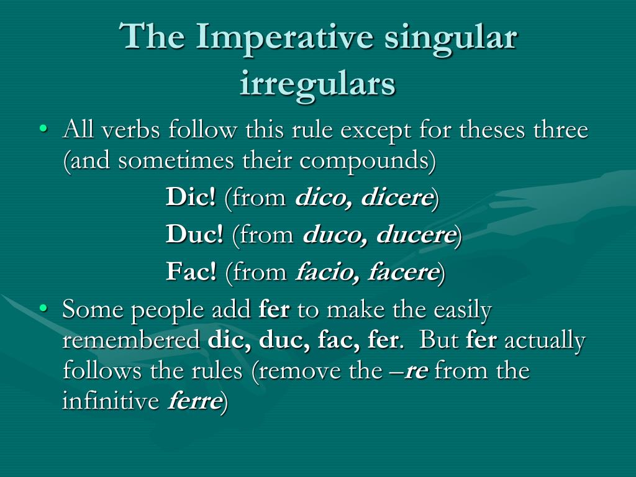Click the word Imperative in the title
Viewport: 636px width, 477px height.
283,37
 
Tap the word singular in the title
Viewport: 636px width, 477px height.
451,37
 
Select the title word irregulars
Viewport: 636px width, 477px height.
317,84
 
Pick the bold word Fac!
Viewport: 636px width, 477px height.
191,272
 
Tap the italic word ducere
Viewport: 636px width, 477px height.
417,235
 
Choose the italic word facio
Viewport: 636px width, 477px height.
324,272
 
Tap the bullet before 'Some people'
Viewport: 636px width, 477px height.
43,308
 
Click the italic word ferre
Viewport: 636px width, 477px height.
194,401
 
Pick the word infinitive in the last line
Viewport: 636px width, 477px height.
111,401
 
